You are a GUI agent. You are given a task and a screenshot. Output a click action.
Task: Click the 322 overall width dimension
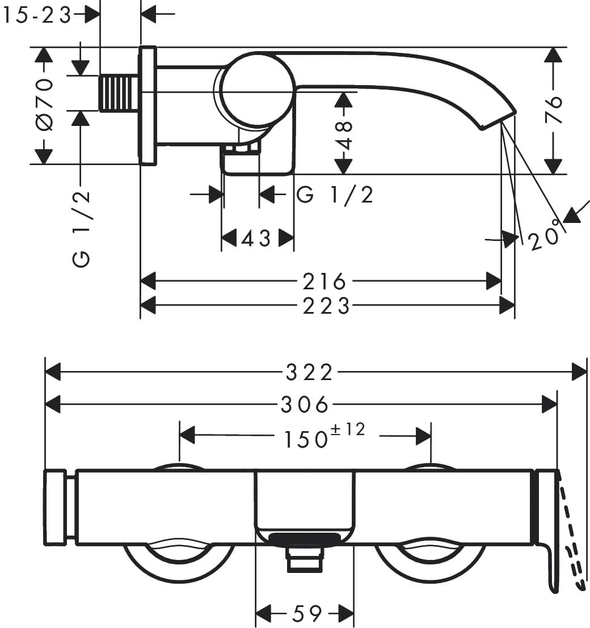pos(309,373)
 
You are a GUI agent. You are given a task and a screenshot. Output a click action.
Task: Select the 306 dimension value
pos(305,404)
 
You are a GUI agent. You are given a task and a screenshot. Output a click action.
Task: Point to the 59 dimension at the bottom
pos(306,613)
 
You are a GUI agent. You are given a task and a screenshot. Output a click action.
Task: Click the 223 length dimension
pos(326,306)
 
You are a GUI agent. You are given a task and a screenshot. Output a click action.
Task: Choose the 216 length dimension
pos(324,281)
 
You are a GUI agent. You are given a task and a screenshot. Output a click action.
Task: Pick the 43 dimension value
pos(256,238)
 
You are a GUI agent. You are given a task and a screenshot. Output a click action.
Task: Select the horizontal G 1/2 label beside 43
pos(335,195)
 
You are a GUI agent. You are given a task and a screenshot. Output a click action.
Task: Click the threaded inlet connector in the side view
pos(119,93)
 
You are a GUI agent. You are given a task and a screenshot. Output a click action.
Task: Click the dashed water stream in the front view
pos(573,533)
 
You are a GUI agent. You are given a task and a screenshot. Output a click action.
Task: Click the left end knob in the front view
pos(55,507)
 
